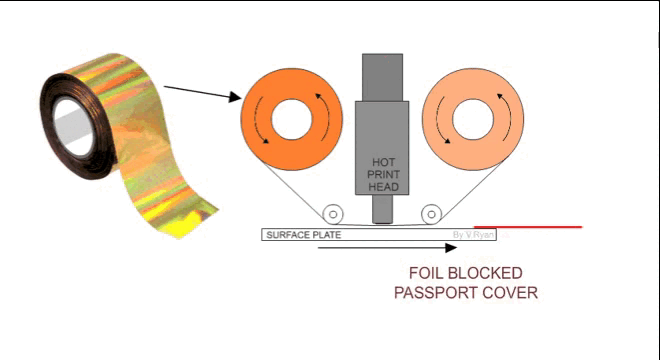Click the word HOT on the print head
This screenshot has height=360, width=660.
(x=384, y=161)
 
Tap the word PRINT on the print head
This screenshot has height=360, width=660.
(x=384, y=173)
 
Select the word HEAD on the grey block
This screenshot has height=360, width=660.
(x=384, y=185)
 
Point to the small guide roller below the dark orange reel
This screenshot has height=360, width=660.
(x=332, y=213)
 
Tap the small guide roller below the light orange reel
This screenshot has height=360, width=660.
(x=431, y=213)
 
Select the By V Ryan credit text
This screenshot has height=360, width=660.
(x=473, y=235)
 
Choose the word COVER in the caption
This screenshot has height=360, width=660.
(x=512, y=292)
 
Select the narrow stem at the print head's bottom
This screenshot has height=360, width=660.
(x=382, y=211)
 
